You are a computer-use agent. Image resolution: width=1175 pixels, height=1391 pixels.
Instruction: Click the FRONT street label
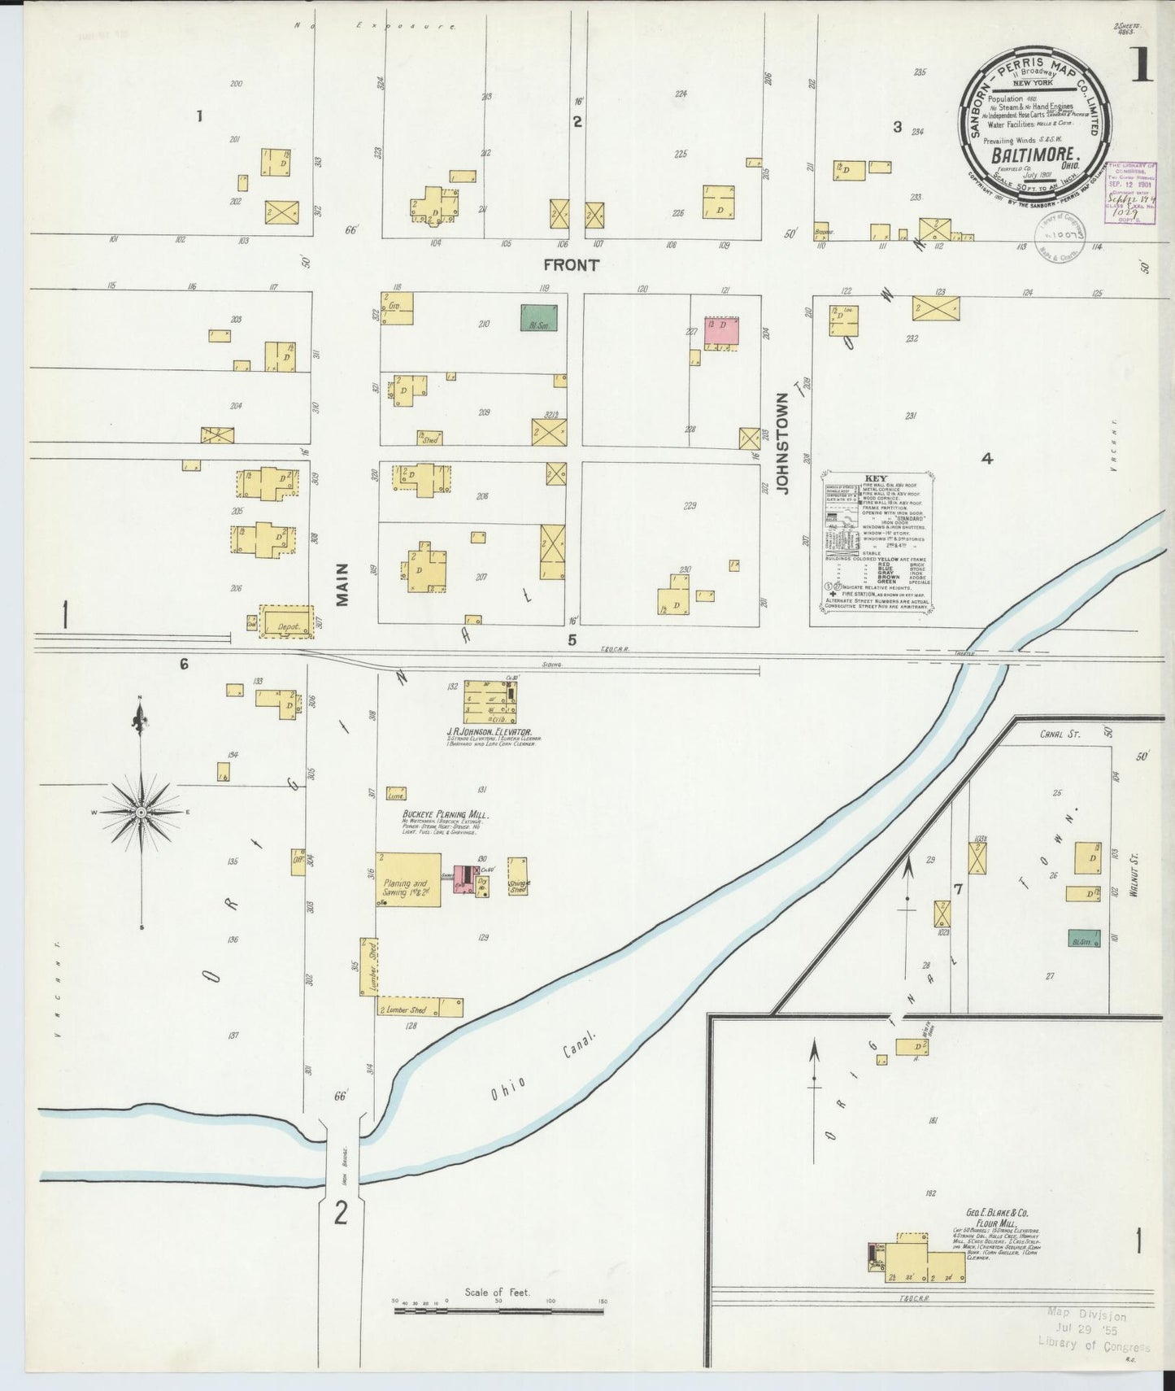tap(571, 264)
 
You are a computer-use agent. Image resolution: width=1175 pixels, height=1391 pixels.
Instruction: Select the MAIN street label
tap(342, 584)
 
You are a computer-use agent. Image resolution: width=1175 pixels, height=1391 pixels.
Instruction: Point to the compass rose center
tap(141, 812)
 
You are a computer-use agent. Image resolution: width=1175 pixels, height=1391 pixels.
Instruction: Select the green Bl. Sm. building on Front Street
tap(538, 317)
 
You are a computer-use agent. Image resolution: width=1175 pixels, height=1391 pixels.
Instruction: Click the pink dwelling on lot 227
tap(722, 330)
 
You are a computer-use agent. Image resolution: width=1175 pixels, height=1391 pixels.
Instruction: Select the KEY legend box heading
tap(876, 479)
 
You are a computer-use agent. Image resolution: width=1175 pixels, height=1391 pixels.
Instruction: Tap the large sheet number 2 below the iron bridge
tap(342, 1213)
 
